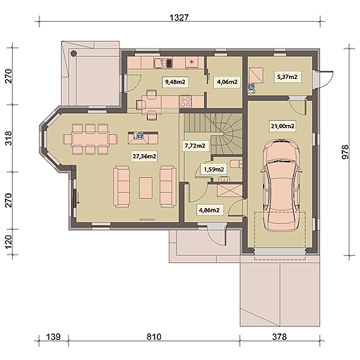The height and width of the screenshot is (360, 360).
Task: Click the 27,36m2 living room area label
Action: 144,156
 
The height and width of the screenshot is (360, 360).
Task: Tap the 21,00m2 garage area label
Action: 283,126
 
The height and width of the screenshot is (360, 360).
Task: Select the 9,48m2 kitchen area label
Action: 175,82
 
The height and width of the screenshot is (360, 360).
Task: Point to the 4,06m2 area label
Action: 227,82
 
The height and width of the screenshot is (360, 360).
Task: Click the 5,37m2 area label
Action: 288,77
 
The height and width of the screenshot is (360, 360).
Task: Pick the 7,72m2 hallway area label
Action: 195,146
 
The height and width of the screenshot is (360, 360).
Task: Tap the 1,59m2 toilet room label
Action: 214,169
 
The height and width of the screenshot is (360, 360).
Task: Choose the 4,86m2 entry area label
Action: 210,210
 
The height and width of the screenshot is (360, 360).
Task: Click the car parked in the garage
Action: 281,185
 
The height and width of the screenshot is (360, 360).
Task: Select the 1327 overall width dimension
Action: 179,18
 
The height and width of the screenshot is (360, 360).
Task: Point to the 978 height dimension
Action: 345,152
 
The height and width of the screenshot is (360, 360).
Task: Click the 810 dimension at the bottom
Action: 154,337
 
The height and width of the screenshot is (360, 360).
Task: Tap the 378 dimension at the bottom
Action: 279,337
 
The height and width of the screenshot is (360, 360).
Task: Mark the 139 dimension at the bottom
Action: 53,337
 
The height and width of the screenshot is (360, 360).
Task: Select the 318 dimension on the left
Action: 8,139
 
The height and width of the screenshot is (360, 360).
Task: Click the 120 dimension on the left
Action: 8,242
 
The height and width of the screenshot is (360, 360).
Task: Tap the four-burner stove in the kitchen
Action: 186,102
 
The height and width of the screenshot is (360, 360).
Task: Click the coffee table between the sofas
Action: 146,188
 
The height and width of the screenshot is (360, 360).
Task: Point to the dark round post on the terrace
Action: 74,53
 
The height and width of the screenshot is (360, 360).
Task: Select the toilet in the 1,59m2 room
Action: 236,164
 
